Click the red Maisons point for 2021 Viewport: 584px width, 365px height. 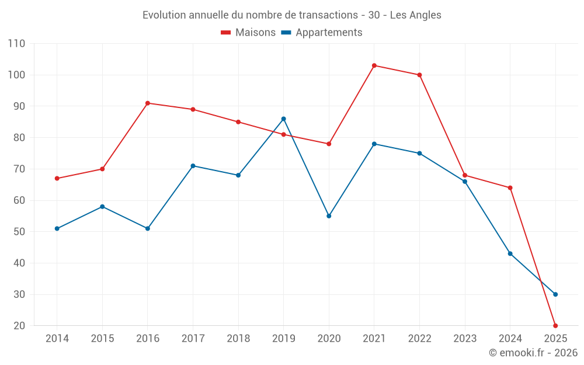[374, 65]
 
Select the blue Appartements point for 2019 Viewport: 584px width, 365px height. [284, 119]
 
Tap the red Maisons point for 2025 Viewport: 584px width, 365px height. [555, 325]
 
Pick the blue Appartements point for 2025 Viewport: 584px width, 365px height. [555, 294]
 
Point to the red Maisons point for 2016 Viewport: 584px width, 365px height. [148, 103]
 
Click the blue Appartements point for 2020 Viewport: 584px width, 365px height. [329, 216]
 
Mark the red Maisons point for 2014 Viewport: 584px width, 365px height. [57, 179]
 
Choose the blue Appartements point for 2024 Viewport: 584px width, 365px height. [510, 253]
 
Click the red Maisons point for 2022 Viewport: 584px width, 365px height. [419, 75]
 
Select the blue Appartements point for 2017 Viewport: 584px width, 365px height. [193, 166]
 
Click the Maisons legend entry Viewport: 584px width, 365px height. [248, 33]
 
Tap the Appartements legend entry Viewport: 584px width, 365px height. [322, 33]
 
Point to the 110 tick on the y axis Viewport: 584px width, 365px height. [17, 44]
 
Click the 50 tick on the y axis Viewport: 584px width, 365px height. [19, 232]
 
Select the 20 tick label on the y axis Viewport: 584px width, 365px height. [19, 326]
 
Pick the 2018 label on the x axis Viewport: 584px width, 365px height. [238, 339]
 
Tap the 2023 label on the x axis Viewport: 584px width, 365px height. [465, 339]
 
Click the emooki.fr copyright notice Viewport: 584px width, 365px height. [533, 353]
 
